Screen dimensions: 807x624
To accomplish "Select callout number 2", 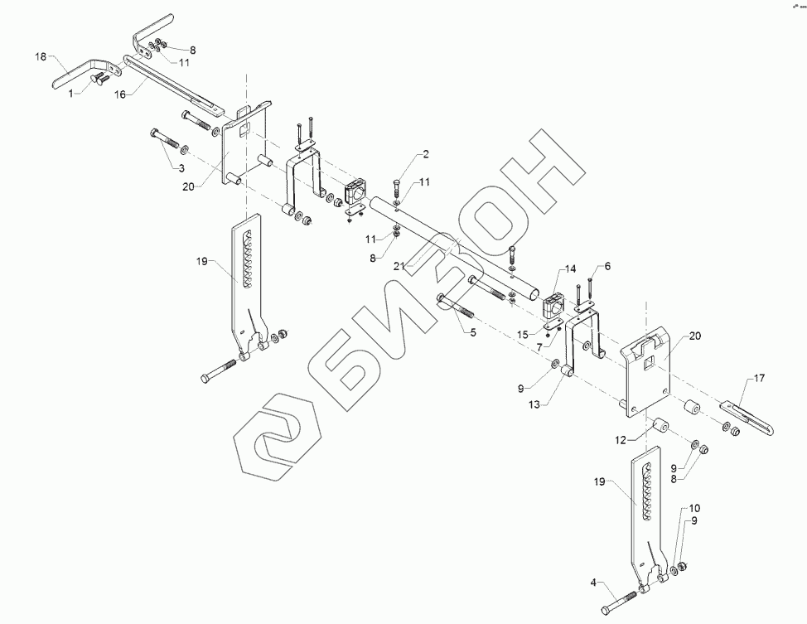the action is tap(425, 154).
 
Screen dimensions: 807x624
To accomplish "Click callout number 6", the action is tap(606, 266).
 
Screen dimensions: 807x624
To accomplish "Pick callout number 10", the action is tap(693, 507).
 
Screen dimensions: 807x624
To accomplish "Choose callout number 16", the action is tap(119, 95).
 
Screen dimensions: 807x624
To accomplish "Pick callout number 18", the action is tap(41, 56).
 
